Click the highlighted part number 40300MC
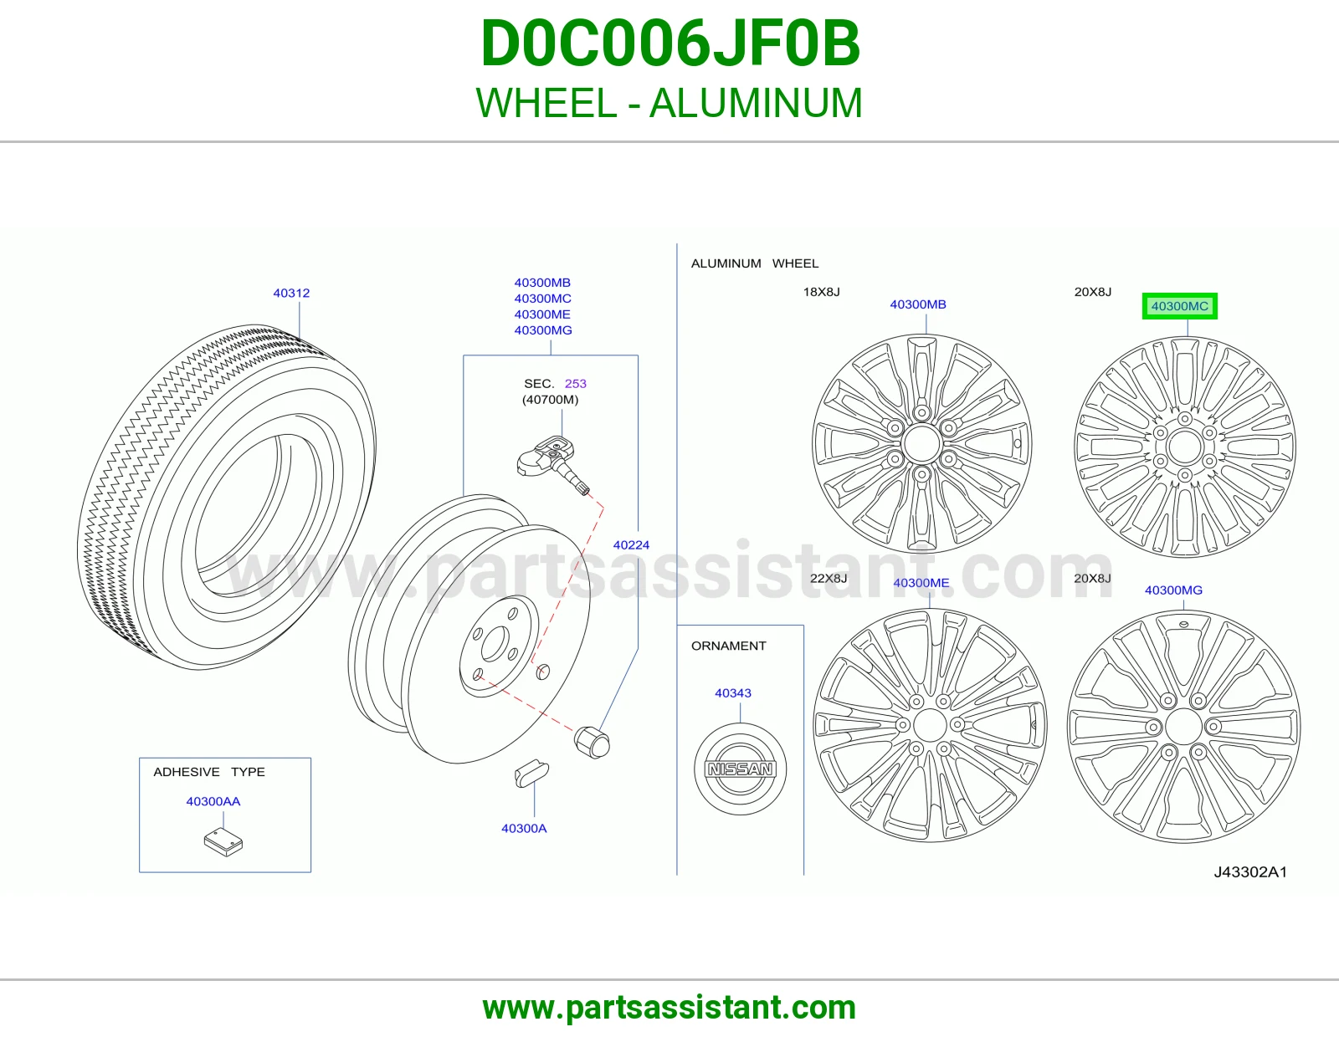(x=1179, y=306)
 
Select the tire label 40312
(x=291, y=293)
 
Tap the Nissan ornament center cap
(x=740, y=769)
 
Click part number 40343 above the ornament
(x=732, y=692)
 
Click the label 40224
(x=631, y=545)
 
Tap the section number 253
(x=576, y=384)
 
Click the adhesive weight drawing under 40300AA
(x=223, y=842)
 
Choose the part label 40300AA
(x=213, y=801)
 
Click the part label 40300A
(x=524, y=828)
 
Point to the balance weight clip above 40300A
(x=531, y=774)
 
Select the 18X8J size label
(x=822, y=292)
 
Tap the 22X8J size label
(x=829, y=578)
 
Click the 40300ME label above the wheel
(x=921, y=583)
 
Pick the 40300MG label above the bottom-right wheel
(x=1173, y=590)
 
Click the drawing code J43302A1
(x=1250, y=872)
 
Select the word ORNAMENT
(x=728, y=646)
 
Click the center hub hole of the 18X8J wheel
(x=922, y=443)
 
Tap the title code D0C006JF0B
(x=669, y=43)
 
